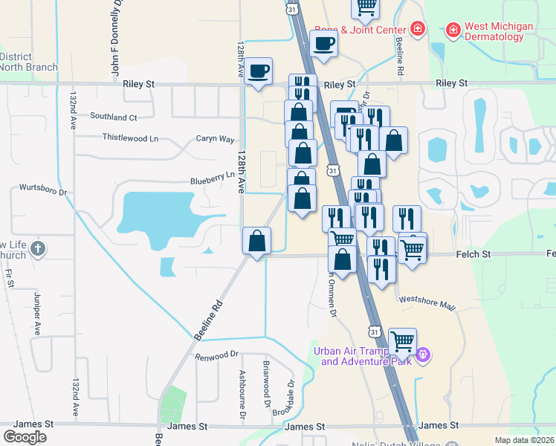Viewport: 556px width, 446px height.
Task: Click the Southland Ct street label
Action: [114, 117]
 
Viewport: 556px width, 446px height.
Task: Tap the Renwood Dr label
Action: [216, 355]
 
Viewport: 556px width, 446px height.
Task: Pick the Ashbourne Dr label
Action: [242, 393]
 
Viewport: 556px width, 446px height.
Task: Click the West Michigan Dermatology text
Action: [499, 31]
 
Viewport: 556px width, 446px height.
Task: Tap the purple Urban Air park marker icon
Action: [424, 355]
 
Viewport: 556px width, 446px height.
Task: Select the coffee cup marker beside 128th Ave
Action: [259, 72]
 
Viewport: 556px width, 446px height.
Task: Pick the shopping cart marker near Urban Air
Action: [402, 342]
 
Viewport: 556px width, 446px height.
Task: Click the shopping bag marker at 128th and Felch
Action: [256, 242]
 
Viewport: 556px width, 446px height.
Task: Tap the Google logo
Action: [25, 436]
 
